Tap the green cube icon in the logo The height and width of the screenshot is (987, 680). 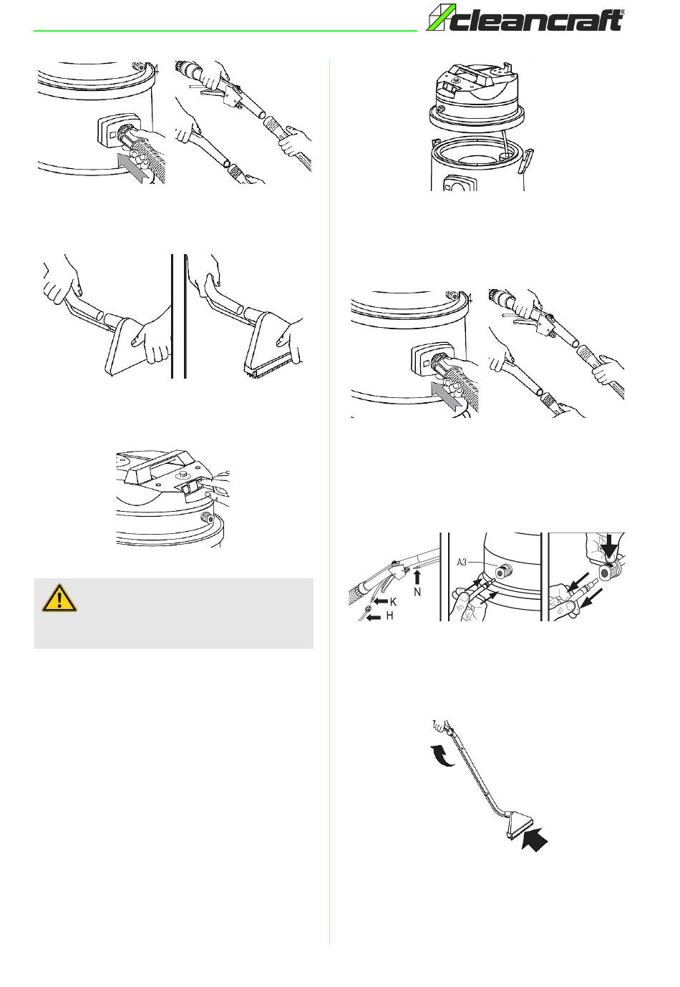437,18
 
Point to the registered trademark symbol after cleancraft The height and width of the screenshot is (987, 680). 621,12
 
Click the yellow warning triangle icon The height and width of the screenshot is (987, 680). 59,598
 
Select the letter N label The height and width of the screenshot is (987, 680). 417,592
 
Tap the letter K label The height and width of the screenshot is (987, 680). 393,601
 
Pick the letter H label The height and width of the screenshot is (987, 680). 389,616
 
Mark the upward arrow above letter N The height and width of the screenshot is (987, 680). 417,577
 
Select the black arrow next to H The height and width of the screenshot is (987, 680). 373,617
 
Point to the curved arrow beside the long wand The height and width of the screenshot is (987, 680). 442,755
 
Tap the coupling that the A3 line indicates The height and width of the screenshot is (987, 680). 503,573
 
